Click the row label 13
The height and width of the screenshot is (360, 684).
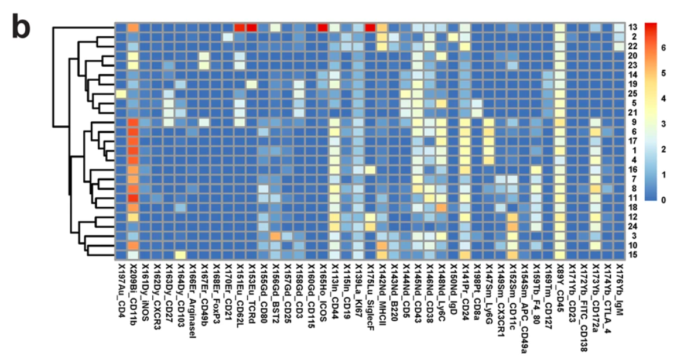(x=633, y=28)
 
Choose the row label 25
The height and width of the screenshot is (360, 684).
(x=633, y=94)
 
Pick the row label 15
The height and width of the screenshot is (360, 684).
(x=633, y=255)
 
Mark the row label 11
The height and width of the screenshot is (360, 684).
(x=633, y=198)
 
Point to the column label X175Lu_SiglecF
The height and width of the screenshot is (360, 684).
(x=370, y=299)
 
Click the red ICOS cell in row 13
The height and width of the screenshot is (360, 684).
(x=322, y=28)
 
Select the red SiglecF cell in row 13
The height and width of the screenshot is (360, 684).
(x=370, y=28)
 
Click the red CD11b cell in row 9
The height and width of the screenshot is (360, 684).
(x=133, y=122)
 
